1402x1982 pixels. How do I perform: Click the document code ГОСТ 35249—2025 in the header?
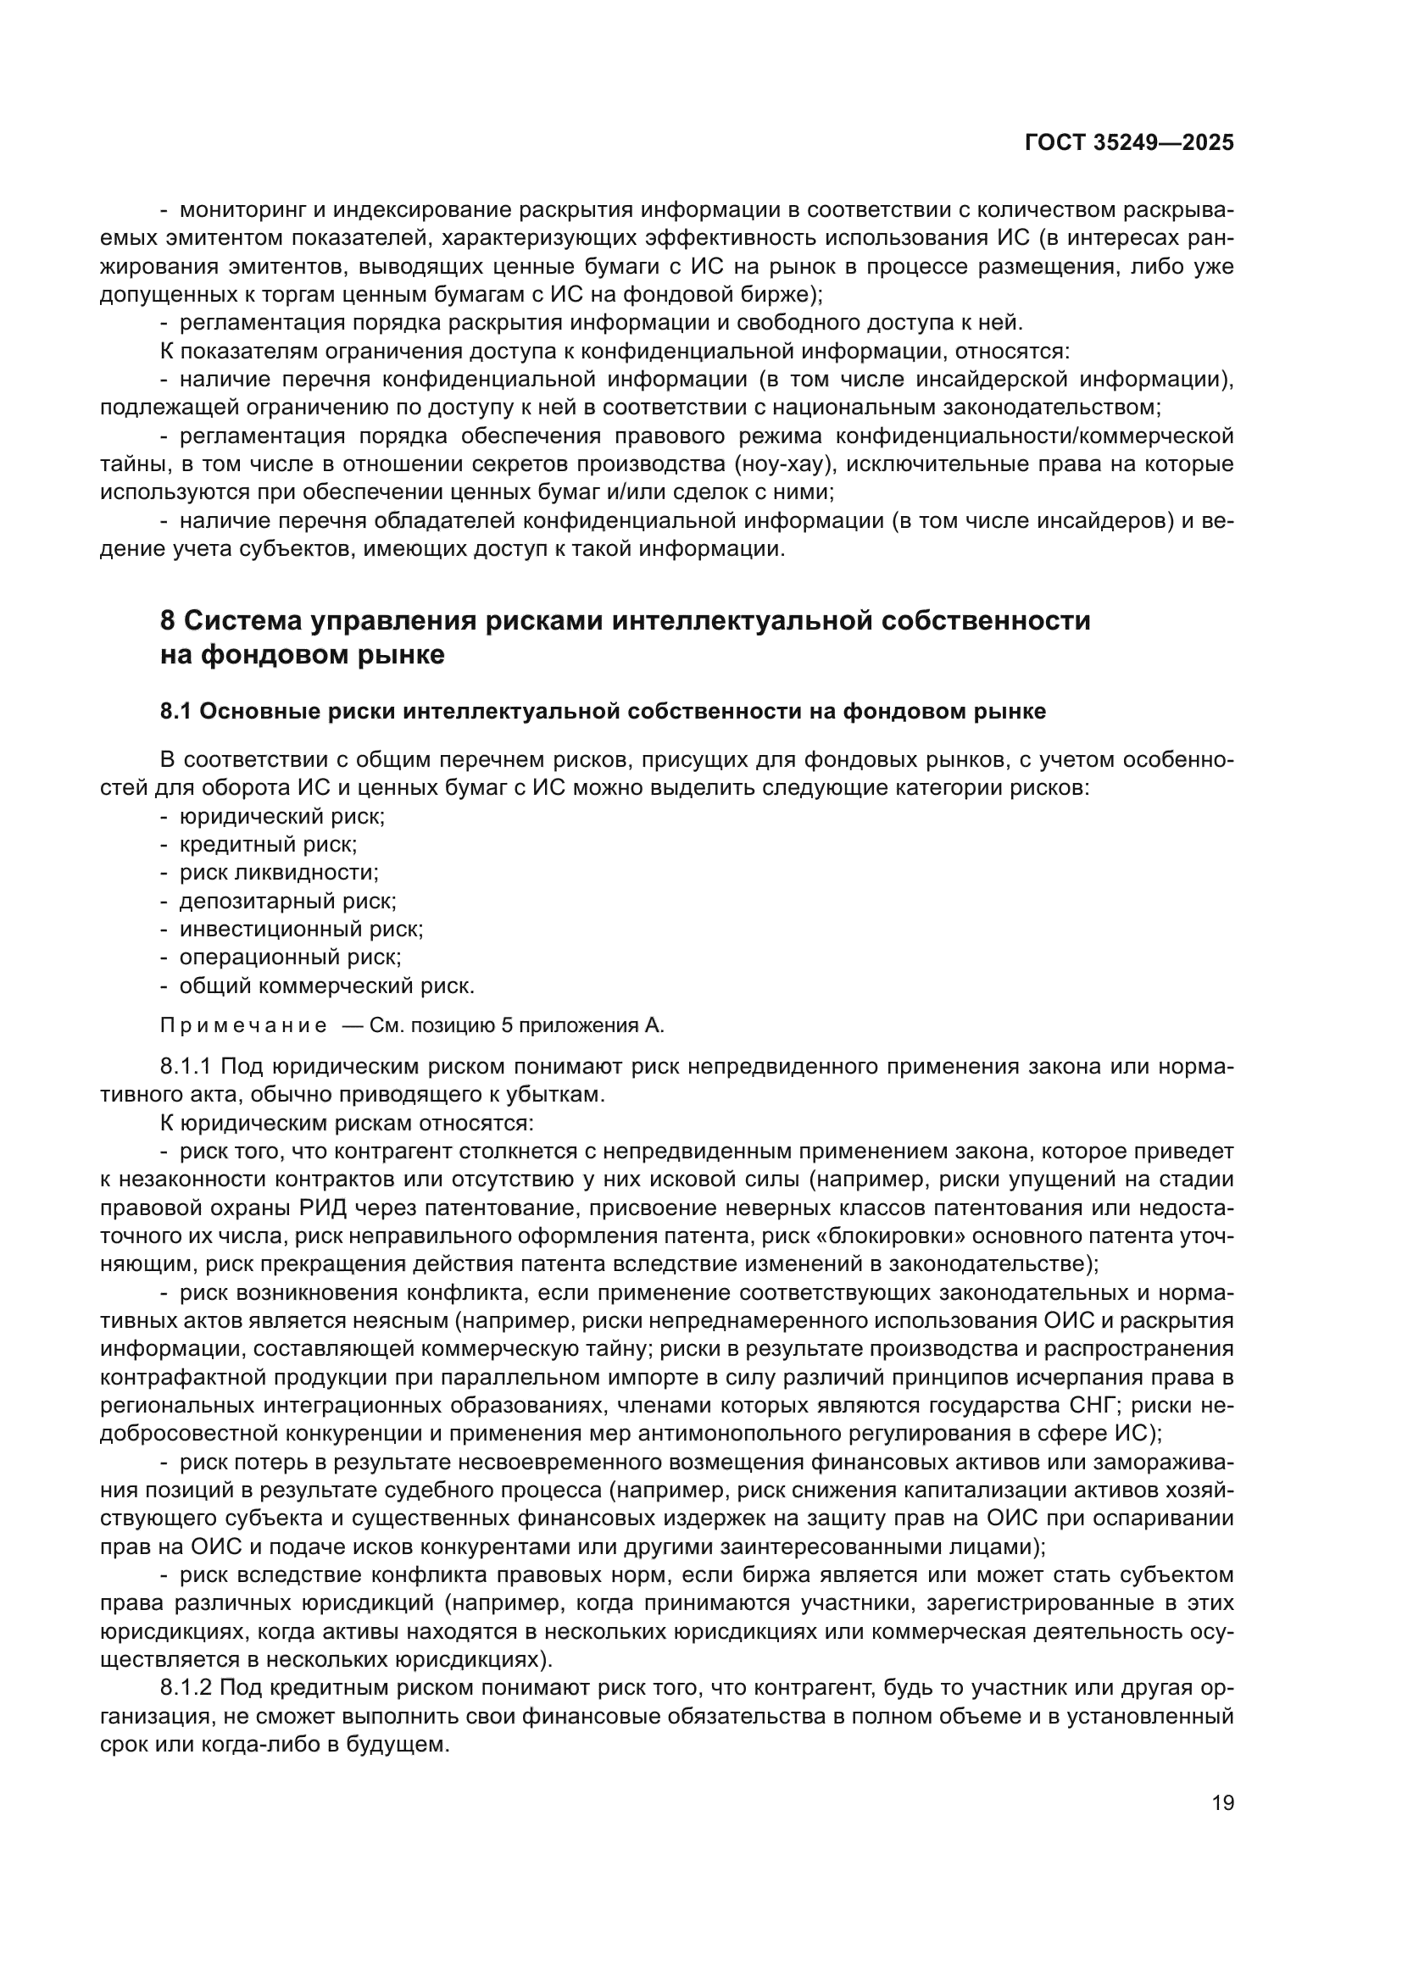click(1128, 142)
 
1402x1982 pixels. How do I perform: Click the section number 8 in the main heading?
click(169, 620)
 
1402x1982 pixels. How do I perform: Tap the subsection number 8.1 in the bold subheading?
click(176, 711)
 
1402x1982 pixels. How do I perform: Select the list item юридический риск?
click(281, 816)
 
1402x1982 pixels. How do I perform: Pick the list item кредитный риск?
click(268, 844)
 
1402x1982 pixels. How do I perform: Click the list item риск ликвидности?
click(279, 872)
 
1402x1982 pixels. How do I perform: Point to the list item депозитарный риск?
click(287, 901)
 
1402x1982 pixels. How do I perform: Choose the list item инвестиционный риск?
click(300, 929)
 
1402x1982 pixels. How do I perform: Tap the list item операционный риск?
click(290, 957)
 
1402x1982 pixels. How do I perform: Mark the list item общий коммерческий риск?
click(326, 985)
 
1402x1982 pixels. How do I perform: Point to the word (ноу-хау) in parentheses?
click(786, 464)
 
